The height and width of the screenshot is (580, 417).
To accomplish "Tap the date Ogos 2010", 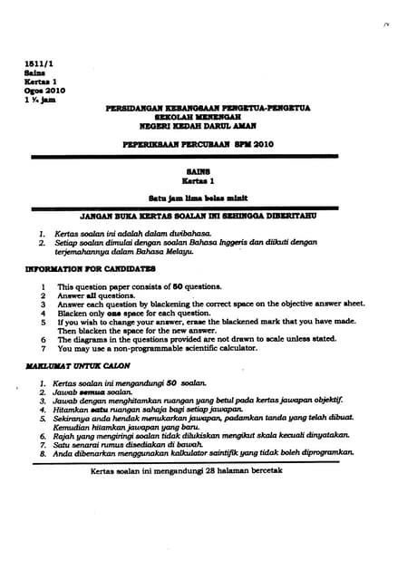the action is (x=44, y=90).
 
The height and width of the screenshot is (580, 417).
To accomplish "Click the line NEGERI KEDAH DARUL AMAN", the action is (x=208, y=125).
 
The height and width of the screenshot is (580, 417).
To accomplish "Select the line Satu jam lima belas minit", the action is (x=208, y=197).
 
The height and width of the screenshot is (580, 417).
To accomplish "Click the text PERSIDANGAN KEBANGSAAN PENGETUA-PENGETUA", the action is (x=208, y=108).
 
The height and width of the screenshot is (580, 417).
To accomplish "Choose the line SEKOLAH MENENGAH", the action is (x=208, y=117).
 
